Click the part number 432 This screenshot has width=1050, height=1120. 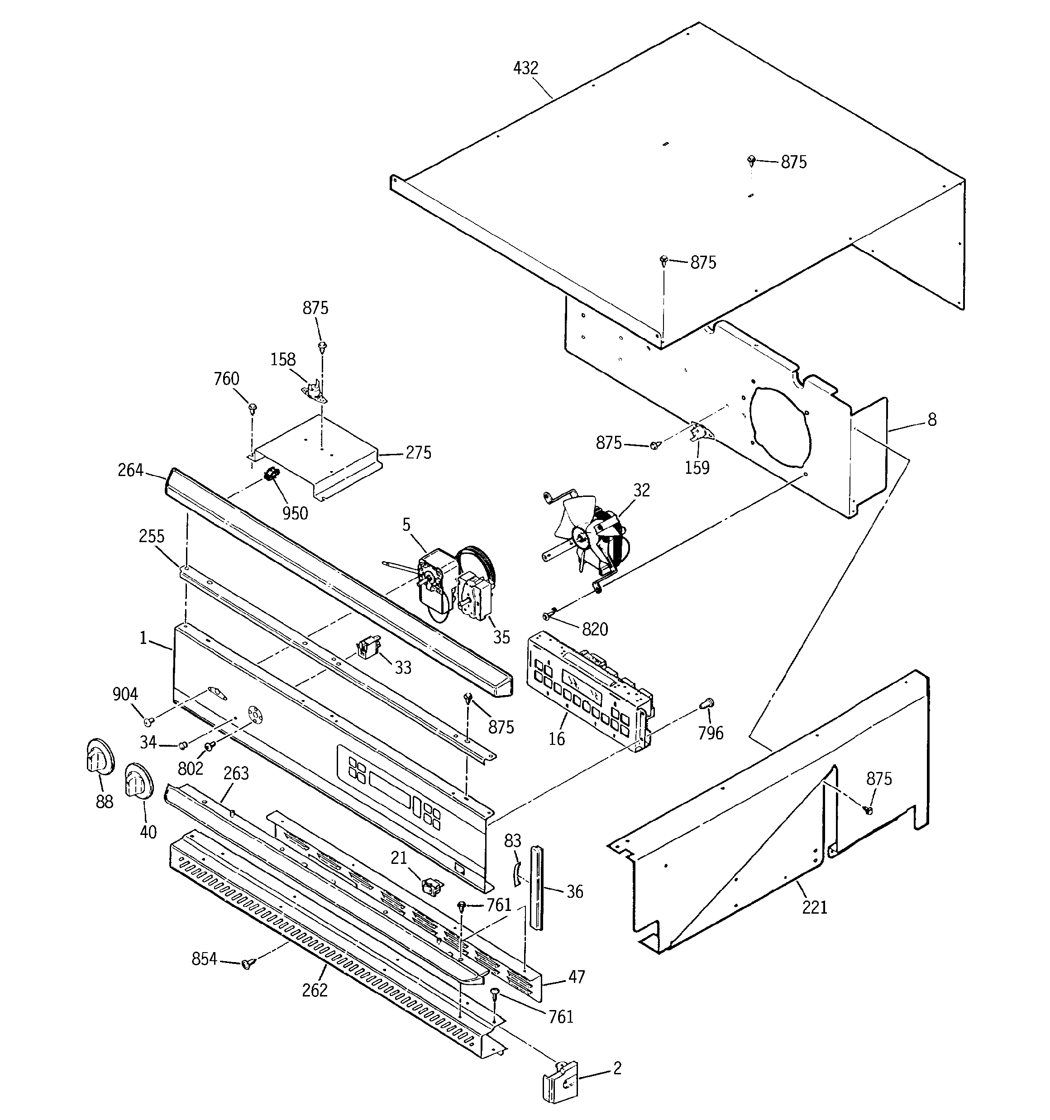526,68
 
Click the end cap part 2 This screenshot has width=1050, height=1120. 560,1081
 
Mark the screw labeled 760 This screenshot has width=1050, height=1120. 253,407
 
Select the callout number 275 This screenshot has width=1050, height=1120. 418,453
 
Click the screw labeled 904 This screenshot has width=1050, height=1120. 149,722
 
